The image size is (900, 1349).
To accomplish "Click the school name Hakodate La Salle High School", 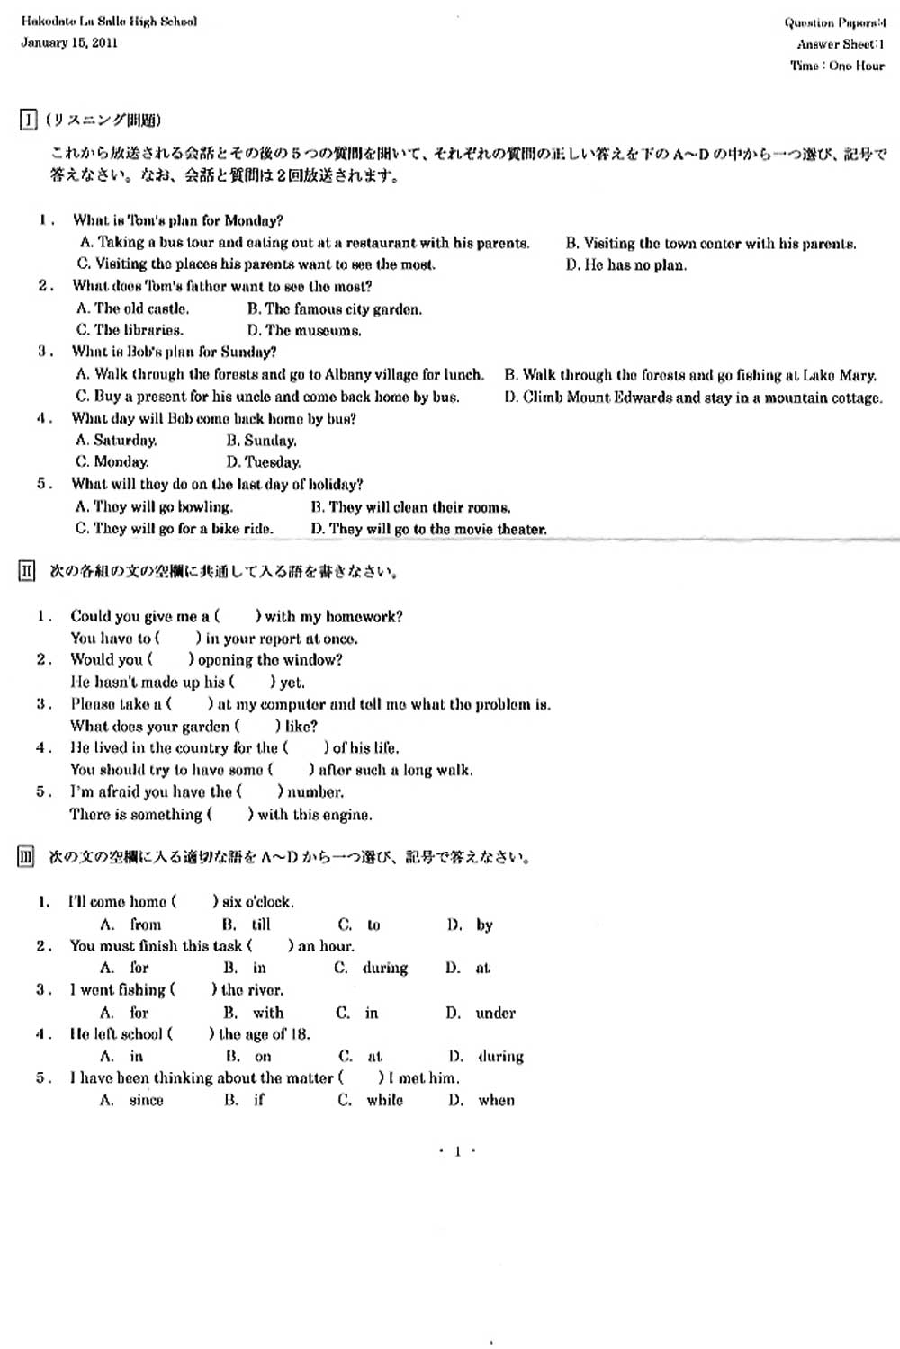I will (x=109, y=21).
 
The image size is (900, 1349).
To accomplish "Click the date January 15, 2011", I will (x=69, y=42).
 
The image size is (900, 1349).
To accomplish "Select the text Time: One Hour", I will (x=837, y=66).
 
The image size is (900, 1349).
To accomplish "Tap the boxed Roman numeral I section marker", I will (x=28, y=120).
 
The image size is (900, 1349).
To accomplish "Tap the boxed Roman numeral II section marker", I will (x=27, y=571).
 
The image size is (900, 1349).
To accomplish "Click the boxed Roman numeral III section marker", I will (x=26, y=857).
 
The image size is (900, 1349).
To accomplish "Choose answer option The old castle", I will (x=133, y=308).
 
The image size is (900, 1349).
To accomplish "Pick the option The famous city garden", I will (x=334, y=309).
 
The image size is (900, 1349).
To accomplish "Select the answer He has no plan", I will (x=626, y=264).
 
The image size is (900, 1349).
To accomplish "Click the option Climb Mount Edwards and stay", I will (x=693, y=397).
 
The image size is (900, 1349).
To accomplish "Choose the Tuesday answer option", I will (x=264, y=462).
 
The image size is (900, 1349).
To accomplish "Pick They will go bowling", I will (x=154, y=506).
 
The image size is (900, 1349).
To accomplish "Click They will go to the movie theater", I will (x=428, y=529).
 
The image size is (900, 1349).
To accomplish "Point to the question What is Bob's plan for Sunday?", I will (x=174, y=352).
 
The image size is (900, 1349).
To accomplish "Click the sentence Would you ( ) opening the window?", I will (x=206, y=659).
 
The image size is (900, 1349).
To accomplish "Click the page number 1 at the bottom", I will (x=457, y=1151).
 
